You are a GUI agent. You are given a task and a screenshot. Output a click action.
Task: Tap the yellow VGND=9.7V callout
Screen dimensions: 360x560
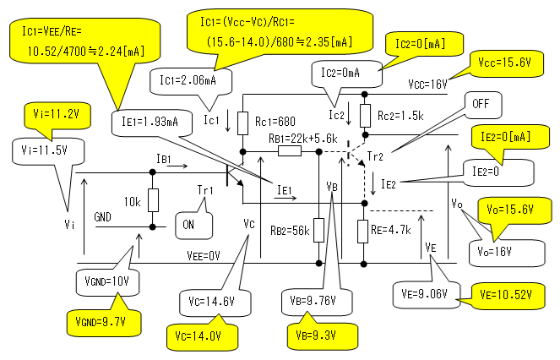(x=95, y=319)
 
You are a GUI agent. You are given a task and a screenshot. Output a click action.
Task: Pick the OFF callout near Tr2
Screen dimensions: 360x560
(x=482, y=104)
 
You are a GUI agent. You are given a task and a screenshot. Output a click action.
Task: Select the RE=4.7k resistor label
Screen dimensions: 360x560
(x=396, y=228)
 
